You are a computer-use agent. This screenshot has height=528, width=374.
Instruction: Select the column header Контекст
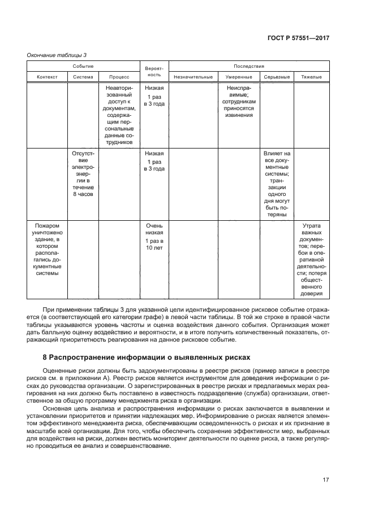point(48,76)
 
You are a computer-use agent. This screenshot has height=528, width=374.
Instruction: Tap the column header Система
point(83,76)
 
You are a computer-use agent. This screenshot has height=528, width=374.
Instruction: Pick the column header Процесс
point(119,76)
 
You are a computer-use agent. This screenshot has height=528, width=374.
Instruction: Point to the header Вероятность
point(154,71)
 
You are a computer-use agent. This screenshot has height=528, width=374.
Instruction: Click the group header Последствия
point(249,66)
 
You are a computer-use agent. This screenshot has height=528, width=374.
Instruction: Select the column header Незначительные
point(194,76)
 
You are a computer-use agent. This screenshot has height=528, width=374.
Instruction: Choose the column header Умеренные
point(239,76)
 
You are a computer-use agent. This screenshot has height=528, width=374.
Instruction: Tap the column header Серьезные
point(277,76)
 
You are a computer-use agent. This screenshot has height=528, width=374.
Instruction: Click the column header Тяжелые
point(311,76)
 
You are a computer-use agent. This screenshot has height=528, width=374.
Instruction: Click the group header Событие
point(83,66)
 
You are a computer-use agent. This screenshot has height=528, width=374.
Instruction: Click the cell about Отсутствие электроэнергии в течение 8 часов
point(83,173)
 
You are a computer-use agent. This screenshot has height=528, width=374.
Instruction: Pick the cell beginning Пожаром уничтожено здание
point(48,249)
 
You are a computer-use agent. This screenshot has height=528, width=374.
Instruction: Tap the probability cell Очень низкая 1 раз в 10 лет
point(154,236)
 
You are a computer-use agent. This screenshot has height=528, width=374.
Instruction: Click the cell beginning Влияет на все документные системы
point(277,184)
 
